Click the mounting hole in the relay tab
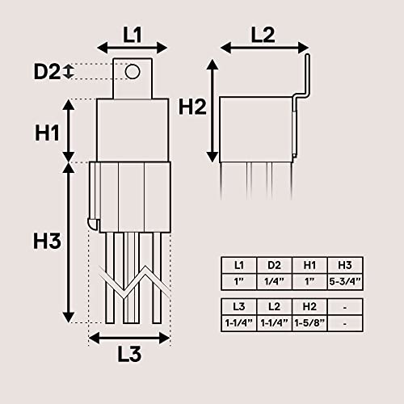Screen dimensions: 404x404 point(132,71)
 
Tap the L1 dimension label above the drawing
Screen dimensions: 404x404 point(132,34)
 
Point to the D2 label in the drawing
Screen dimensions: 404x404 point(47,72)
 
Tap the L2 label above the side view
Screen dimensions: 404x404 point(263,34)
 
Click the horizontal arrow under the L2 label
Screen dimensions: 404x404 point(263,49)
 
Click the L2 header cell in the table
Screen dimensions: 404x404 point(275,306)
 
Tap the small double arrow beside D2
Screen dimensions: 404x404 point(69,72)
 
